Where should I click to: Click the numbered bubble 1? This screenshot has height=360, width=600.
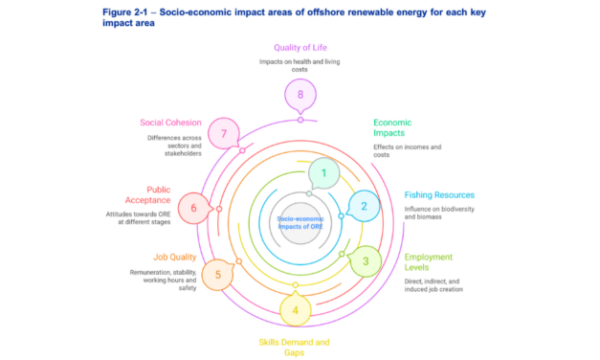(x=324, y=173)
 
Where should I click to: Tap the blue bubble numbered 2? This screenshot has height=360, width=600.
(x=364, y=205)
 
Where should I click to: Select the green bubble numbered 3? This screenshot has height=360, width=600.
(x=364, y=259)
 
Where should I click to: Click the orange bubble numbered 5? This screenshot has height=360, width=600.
(x=218, y=275)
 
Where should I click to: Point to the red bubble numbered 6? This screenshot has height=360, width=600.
(x=193, y=208)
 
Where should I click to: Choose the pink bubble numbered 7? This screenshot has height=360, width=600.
(x=224, y=134)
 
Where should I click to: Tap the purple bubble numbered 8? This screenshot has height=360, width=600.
(x=300, y=94)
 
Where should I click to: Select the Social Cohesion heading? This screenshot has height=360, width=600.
(x=172, y=123)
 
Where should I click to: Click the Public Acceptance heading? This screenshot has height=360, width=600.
(x=172, y=194)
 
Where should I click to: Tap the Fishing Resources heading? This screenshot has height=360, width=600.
(x=438, y=194)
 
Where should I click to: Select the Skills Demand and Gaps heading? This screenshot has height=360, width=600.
(x=297, y=347)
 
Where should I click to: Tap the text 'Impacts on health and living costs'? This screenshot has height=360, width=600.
(x=300, y=65)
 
